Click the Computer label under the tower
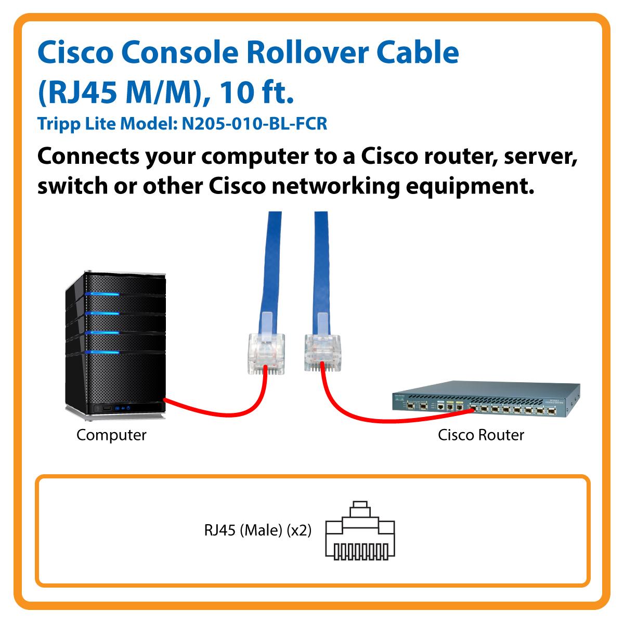tap(111, 435)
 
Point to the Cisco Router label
tap(481, 435)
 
